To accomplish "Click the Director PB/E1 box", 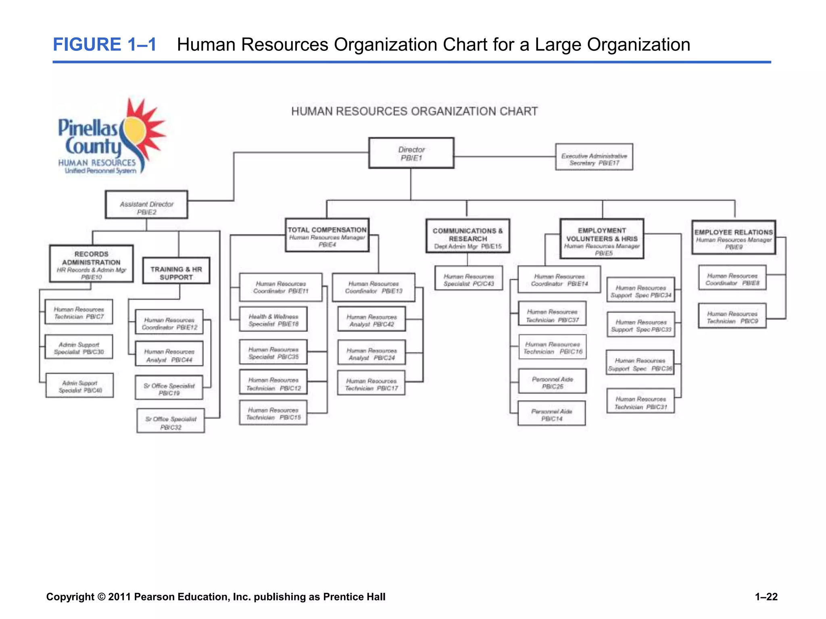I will pyautogui.click(x=411, y=153).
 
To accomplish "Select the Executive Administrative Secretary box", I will pyautogui.click(x=594, y=157).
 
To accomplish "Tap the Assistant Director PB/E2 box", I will pyautogui.click(x=146, y=205).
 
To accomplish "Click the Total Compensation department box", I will pyautogui.click(x=327, y=235).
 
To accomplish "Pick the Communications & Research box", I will pyautogui.click(x=467, y=236).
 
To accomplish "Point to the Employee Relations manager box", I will pyautogui.click(x=733, y=237).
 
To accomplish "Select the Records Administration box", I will pyautogui.click(x=91, y=264).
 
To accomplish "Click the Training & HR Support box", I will pyautogui.click(x=176, y=271).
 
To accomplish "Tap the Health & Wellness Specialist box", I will pyautogui.click(x=273, y=319).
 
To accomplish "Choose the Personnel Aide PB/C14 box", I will pyautogui.click(x=551, y=413).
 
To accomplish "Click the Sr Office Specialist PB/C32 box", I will pyautogui.click(x=171, y=421).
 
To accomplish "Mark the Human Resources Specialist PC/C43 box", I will pyautogui.click(x=468, y=278).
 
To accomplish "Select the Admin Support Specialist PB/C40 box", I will pyautogui.click(x=80, y=386).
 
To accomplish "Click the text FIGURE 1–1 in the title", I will pyautogui.click(x=104, y=44).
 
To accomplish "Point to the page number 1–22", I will pyautogui.click(x=766, y=597).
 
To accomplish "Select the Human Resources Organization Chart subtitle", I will pyautogui.click(x=414, y=112).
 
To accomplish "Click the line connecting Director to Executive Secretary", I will pyautogui.click(x=504, y=157).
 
